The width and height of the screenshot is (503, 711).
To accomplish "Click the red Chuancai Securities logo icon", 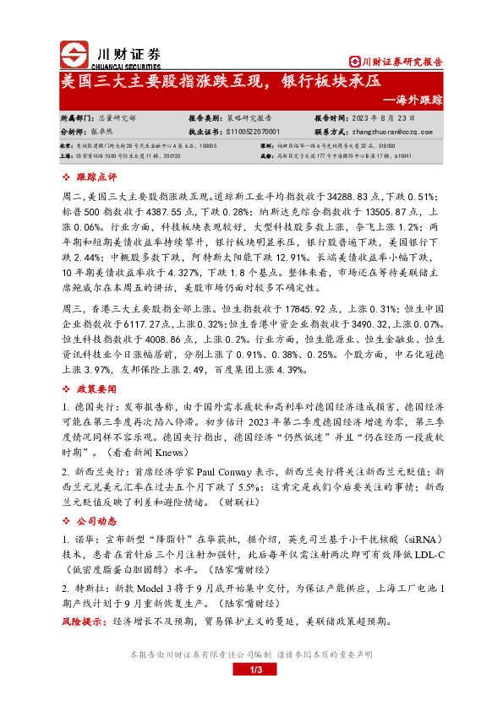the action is pos(74,56).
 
